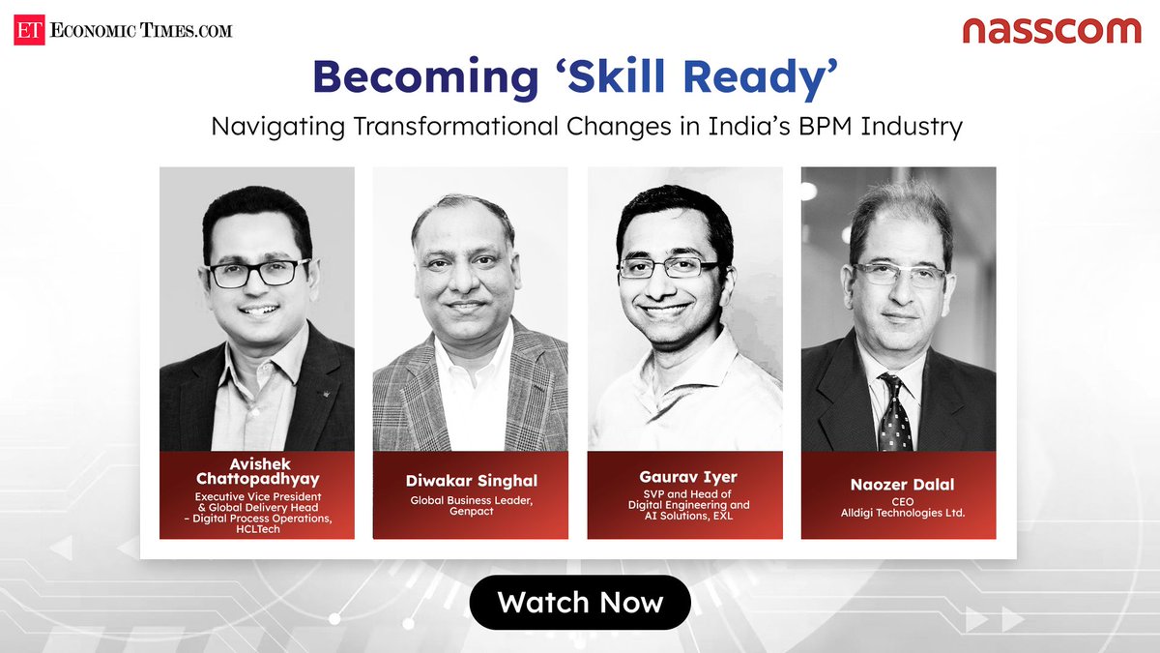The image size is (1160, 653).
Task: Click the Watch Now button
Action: (x=580, y=603)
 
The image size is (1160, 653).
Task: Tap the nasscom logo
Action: (x=1052, y=30)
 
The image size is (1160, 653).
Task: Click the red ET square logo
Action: (x=28, y=31)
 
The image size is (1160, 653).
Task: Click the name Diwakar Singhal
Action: (x=470, y=480)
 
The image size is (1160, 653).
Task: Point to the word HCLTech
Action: (x=256, y=530)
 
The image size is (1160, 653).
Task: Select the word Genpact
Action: (x=470, y=510)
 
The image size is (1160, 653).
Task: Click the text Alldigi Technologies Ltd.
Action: (x=898, y=513)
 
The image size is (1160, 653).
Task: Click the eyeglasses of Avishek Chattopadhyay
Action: (x=257, y=274)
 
